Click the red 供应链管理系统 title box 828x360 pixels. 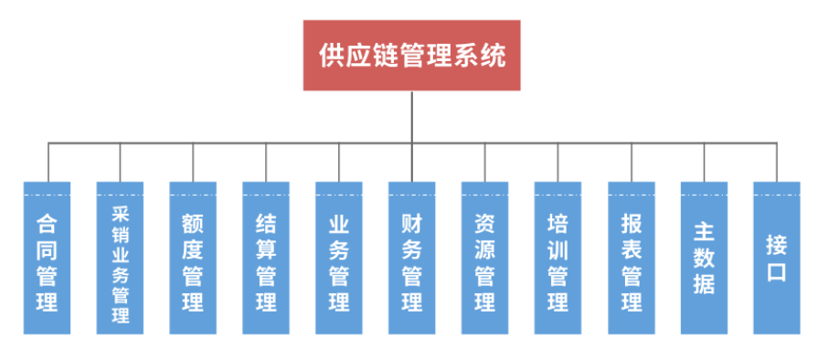point(411,56)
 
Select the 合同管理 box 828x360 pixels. point(48,257)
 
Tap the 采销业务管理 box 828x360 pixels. point(121,257)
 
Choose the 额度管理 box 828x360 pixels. point(193,257)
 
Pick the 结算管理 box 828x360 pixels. point(266,257)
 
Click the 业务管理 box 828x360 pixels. point(339,257)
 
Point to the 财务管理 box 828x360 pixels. point(412,257)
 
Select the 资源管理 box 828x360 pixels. point(485,257)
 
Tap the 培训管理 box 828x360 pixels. point(558,257)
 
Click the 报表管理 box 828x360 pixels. point(631,257)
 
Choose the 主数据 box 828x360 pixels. point(704,257)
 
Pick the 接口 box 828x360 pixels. point(777,257)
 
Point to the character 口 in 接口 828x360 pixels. point(777,272)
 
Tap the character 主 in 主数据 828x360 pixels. point(704,228)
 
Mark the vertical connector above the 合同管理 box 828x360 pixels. point(48,162)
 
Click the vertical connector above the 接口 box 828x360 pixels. point(777,162)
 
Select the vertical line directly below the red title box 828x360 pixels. point(411,116)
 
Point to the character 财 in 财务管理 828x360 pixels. point(412,223)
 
